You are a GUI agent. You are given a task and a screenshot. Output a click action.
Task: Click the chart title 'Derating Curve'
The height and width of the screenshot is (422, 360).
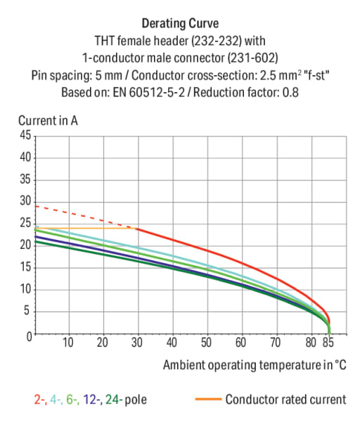[180, 23]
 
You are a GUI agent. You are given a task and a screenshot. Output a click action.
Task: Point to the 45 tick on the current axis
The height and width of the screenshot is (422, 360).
[25, 135]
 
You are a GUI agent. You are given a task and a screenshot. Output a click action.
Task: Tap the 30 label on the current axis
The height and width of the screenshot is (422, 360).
[25, 200]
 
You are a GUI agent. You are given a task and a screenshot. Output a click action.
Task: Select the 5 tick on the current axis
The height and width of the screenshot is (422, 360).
[27, 311]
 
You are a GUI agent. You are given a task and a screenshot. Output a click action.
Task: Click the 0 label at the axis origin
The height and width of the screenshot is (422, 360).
[29, 337]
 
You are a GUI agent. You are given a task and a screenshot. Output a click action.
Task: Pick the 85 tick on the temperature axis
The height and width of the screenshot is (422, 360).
[328, 343]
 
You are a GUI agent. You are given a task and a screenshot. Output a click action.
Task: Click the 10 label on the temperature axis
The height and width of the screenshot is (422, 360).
[67, 343]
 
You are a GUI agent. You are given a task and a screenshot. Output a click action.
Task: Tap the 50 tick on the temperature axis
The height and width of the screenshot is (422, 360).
[206, 343]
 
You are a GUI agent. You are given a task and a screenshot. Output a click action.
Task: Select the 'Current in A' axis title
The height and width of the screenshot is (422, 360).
[48, 120]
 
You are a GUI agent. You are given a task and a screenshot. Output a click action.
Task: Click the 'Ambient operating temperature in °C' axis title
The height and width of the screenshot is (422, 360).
[255, 365]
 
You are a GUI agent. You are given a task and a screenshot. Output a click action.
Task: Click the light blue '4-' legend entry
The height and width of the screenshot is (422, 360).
[56, 399]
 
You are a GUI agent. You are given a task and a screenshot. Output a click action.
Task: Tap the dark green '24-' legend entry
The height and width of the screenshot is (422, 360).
[114, 399]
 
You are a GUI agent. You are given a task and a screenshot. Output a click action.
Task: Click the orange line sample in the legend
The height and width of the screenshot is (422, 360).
[209, 399]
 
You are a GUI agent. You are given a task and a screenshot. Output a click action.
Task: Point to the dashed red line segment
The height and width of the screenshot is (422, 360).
[86, 217]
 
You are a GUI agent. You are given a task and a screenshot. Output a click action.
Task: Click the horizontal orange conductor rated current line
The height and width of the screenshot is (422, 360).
[86, 228]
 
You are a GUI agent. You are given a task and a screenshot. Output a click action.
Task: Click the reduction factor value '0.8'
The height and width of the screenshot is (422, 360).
[290, 93]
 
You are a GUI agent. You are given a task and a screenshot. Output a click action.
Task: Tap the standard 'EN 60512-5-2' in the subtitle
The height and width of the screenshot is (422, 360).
[149, 93]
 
